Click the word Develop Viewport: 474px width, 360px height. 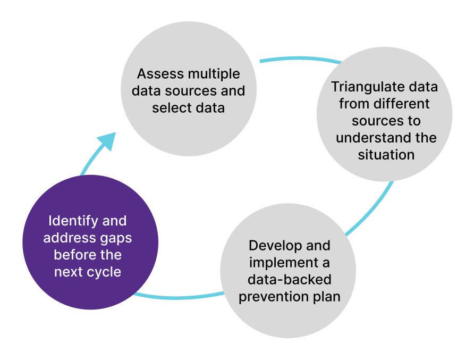point(274,246)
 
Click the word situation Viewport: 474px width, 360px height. point(386,155)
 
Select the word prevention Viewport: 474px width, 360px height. point(267,297)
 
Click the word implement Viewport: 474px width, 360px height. point(281,263)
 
